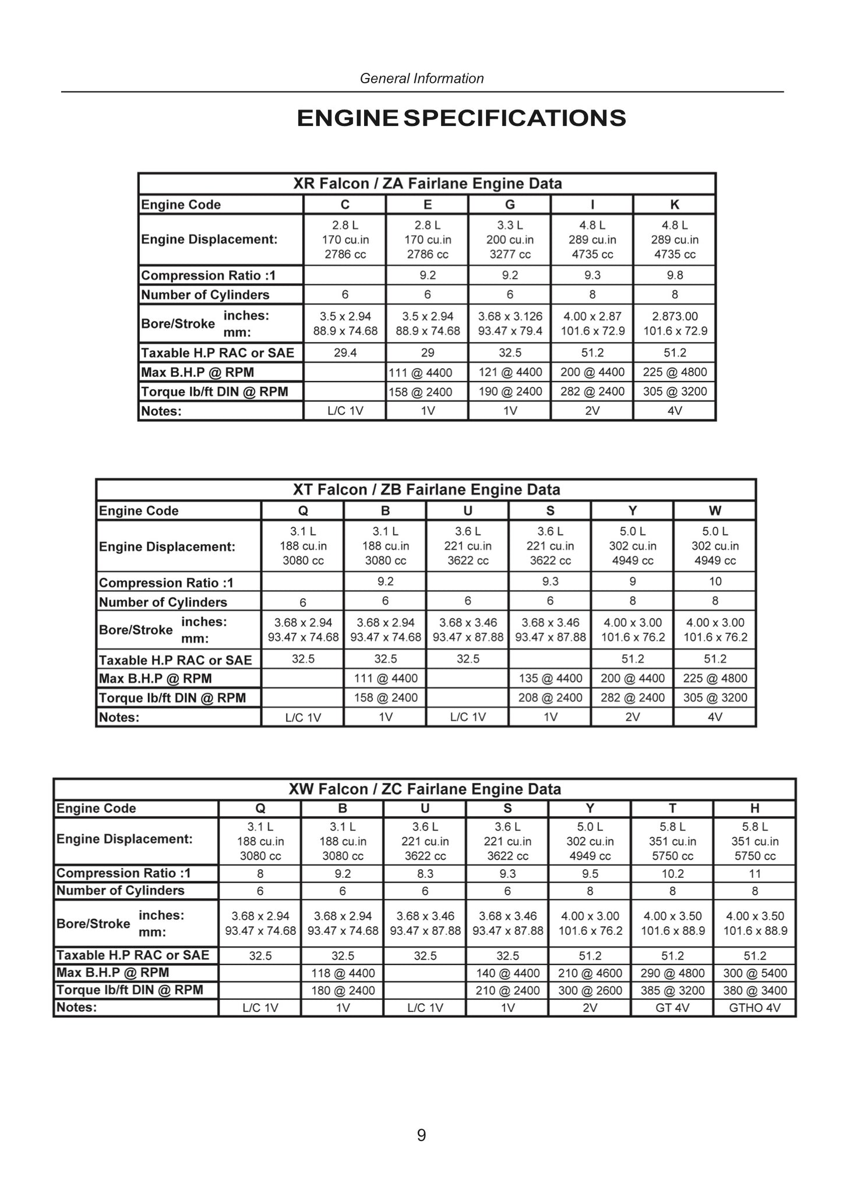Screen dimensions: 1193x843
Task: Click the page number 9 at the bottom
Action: coord(421,1135)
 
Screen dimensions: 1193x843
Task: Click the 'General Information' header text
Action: coord(422,78)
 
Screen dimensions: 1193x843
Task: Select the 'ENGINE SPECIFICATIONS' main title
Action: coord(461,118)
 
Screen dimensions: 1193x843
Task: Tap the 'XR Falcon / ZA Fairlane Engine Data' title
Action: coord(427,184)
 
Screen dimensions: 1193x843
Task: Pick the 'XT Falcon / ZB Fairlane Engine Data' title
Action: coord(426,490)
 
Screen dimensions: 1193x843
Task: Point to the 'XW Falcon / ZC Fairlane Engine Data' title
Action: coord(425,789)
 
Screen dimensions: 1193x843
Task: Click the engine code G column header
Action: coord(510,204)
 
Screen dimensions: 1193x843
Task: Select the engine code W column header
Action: coord(715,511)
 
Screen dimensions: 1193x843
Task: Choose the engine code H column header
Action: coord(754,809)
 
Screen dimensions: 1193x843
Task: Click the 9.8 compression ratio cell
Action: coord(675,276)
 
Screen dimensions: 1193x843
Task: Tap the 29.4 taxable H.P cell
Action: coord(345,352)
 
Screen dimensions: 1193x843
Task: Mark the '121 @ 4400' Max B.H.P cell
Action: coord(510,372)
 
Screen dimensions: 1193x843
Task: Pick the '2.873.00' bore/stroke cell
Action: coord(675,316)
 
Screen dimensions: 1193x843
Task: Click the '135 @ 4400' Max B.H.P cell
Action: coord(550,679)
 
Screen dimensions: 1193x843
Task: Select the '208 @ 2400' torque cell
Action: coord(550,698)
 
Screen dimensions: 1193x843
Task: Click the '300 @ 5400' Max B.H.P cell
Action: coord(754,973)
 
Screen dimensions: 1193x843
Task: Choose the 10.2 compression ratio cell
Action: coord(672,874)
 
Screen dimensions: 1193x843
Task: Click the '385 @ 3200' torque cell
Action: coord(672,991)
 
